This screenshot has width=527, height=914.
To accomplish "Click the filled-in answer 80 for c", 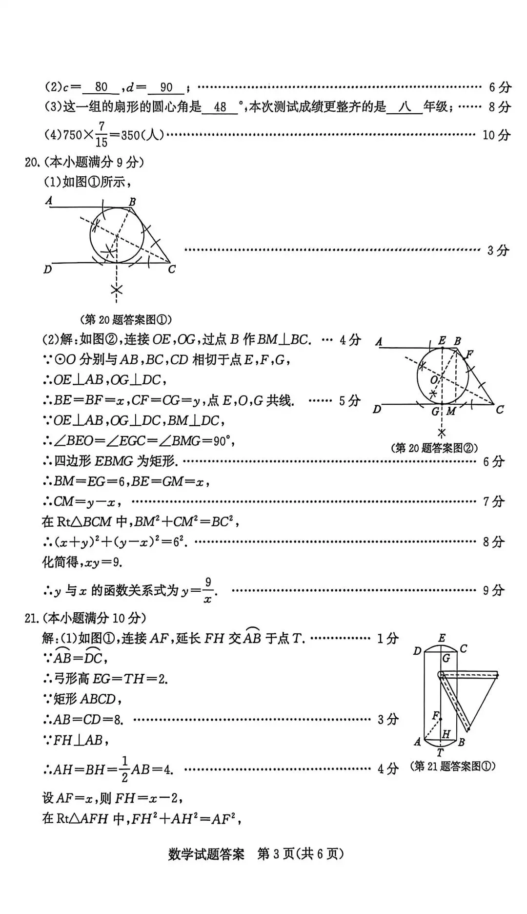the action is (101, 87).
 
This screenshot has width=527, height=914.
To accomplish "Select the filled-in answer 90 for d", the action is (166, 87).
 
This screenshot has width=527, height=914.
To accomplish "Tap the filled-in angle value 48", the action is (220, 107).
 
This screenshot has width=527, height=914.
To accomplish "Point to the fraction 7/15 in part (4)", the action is (101, 134).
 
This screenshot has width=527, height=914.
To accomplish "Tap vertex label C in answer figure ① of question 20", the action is (171, 270).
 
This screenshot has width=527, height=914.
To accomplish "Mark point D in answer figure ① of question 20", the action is (47, 270).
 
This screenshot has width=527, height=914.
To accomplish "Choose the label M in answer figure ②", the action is (451, 412).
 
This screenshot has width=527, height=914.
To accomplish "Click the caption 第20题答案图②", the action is (434, 448).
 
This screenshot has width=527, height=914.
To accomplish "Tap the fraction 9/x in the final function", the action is (208, 590).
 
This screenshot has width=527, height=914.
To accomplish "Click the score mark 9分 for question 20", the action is (493, 590).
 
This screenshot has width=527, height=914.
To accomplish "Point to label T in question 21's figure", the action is (440, 753).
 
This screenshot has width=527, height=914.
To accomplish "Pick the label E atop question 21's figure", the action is (442, 638).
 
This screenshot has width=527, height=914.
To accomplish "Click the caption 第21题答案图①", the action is (453, 766).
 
